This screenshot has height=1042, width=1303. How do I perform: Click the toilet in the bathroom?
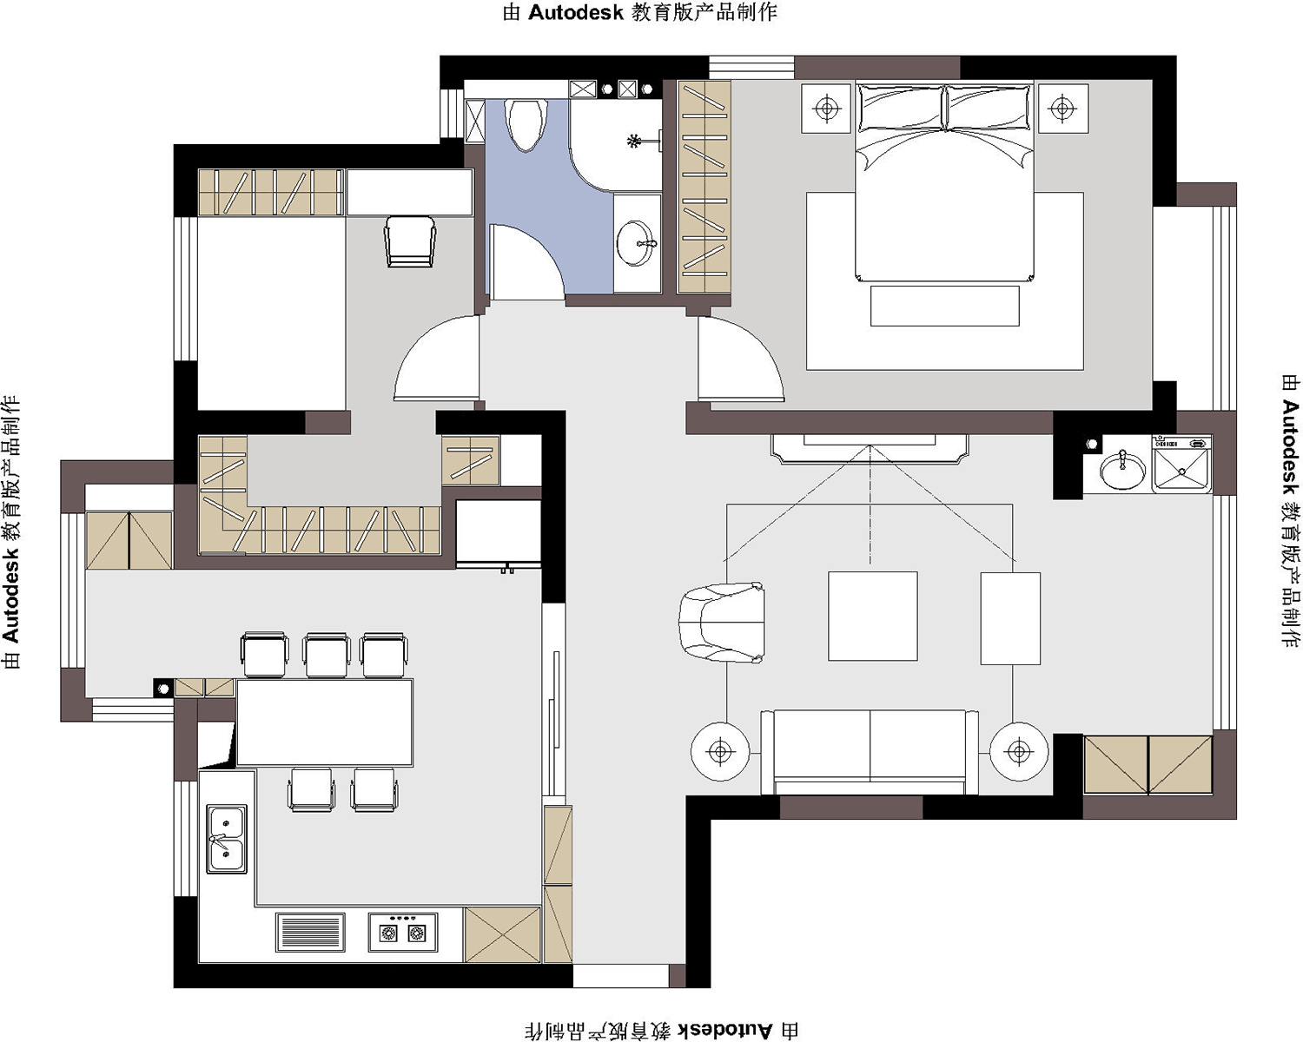pyautogui.click(x=526, y=124)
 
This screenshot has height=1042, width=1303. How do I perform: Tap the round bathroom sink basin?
pyautogui.click(x=636, y=243)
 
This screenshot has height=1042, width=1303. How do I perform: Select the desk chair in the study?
pyautogui.click(x=410, y=241)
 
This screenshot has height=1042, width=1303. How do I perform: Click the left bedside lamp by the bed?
pyautogui.click(x=826, y=109)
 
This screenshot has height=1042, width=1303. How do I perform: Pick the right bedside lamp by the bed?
pyautogui.click(x=1062, y=109)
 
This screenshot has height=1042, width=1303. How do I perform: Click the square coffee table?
pyautogui.click(x=872, y=616)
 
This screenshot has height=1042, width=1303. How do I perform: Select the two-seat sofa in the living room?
pyautogui.click(x=870, y=751)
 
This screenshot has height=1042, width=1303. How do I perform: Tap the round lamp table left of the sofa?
pyautogui.click(x=720, y=752)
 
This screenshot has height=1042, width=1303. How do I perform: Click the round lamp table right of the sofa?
pyautogui.click(x=1019, y=751)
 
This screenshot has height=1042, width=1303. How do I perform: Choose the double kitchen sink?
pyautogui.click(x=227, y=839)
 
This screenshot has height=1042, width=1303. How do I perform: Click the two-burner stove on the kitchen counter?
pyautogui.click(x=403, y=933)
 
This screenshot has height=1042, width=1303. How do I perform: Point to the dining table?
pyautogui.click(x=325, y=722)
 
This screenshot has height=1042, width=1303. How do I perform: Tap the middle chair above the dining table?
pyautogui.click(x=327, y=655)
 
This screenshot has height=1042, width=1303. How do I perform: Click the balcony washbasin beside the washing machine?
pyautogui.click(x=1122, y=470)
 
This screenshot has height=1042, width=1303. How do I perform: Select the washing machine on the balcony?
pyautogui.click(x=1182, y=464)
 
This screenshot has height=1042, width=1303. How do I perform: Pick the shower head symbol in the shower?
pyautogui.click(x=633, y=142)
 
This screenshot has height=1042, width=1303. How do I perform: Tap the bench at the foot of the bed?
pyautogui.click(x=944, y=305)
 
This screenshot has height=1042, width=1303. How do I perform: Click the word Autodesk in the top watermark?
pyautogui.click(x=575, y=12)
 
